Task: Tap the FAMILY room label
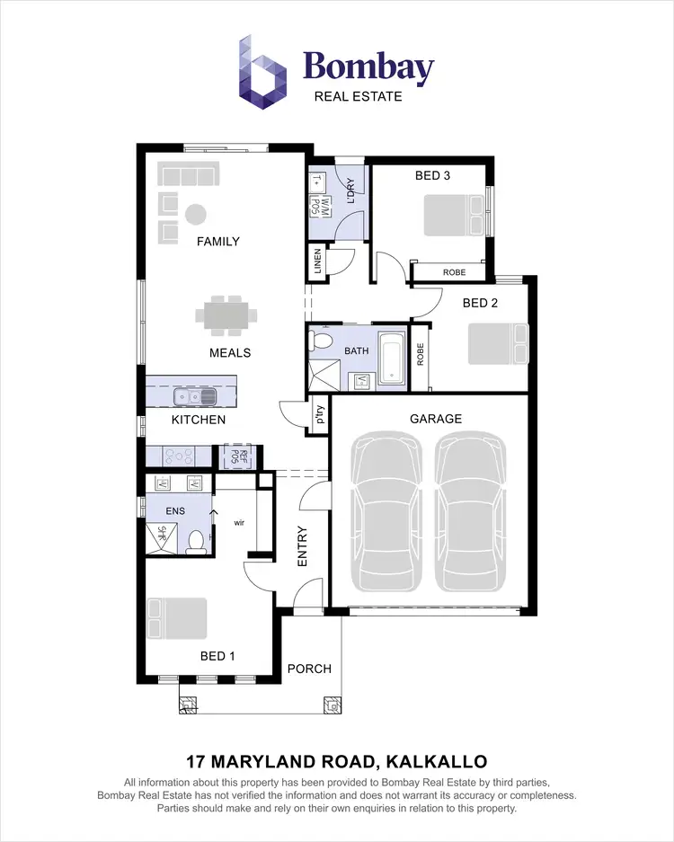218,241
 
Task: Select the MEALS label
230,353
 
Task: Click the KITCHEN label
199,420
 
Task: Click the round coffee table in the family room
195,214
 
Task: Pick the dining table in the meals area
225,315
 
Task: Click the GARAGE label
436,419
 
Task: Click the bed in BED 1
177,618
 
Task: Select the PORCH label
309,669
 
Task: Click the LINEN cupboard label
318,261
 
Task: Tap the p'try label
319,415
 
